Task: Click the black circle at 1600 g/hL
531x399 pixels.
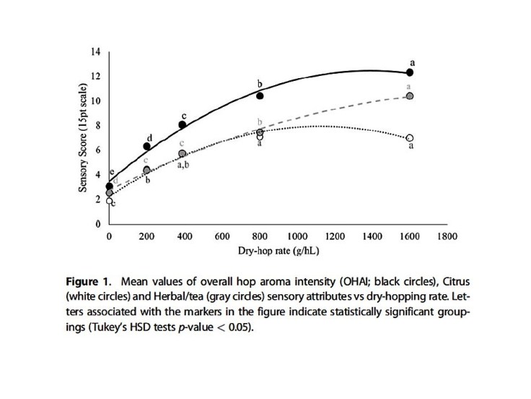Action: click(x=410, y=72)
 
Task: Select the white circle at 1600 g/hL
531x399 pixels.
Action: click(x=410, y=138)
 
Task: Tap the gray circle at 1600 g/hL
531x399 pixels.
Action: click(x=410, y=96)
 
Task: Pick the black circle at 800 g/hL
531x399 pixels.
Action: click(x=260, y=95)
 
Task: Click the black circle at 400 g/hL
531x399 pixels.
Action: click(x=183, y=124)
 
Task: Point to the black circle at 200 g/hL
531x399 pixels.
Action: click(x=146, y=146)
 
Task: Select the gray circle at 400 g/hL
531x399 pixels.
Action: click(x=183, y=154)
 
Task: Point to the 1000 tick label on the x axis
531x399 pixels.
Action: click(x=297, y=236)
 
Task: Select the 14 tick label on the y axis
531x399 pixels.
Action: click(x=95, y=51)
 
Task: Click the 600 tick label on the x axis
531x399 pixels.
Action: click(x=222, y=236)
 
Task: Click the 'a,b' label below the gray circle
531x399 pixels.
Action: click(x=183, y=166)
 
